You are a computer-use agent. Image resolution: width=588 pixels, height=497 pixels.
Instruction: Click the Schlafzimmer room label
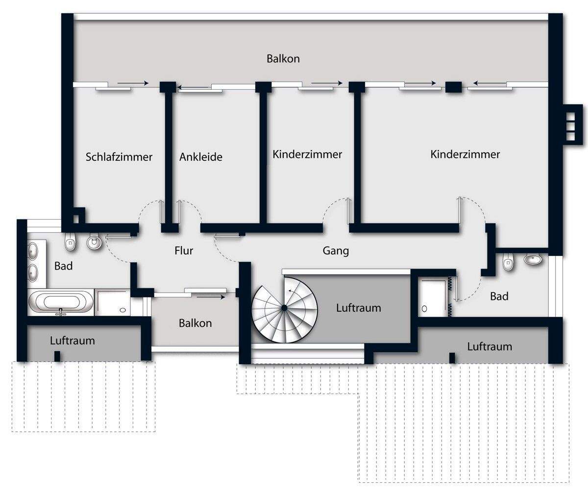click(119, 157)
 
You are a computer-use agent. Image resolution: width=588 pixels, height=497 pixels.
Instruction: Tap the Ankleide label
click(200, 157)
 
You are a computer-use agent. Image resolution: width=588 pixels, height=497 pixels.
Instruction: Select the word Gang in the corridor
click(336, 251)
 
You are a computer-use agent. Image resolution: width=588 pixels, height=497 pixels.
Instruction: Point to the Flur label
click(184, 251)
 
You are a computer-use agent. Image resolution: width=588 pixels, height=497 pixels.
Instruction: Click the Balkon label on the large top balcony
click(283, 59)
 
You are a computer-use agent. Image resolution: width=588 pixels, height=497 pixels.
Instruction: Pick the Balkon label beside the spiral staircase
click(195, 323)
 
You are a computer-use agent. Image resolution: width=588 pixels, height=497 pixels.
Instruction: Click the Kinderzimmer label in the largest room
click(465, 154)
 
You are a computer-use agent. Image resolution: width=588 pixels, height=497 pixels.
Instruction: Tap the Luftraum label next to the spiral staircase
click(358, 308)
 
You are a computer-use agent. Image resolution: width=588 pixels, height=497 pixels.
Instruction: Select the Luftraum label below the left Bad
click(73, 341)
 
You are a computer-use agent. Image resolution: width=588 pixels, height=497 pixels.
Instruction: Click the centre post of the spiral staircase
click(284, 307)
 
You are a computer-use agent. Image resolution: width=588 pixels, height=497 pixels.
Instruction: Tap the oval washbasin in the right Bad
click(534, 259)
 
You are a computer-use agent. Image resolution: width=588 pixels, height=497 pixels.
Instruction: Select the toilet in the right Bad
click(509, 263)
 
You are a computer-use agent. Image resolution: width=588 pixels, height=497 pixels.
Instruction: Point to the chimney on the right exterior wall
click(571, 123)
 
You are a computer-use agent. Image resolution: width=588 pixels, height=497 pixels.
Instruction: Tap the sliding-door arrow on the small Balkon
click(211, 297)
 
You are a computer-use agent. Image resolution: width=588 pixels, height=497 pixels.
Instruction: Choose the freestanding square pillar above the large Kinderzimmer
click(453, 87)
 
